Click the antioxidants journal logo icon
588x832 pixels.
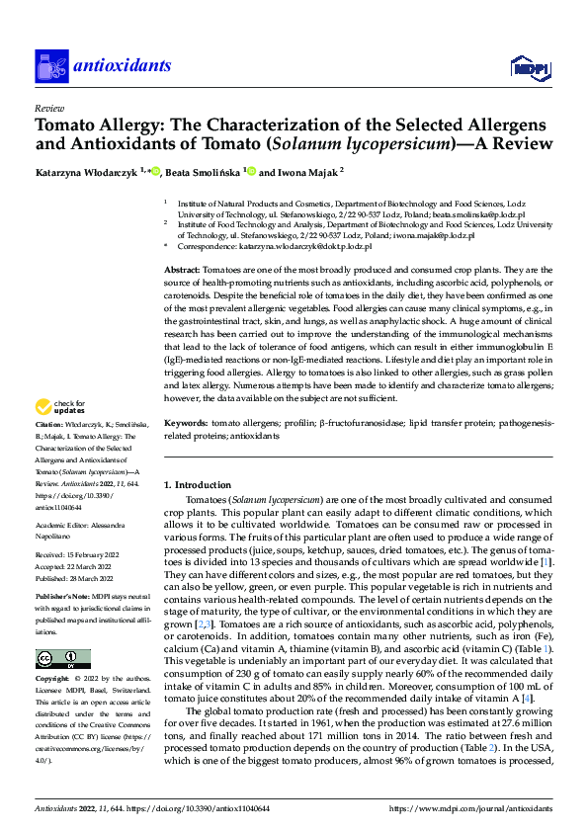tap(49, 65)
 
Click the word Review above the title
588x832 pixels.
tap(49, 110)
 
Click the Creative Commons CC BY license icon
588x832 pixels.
tap(63, 659)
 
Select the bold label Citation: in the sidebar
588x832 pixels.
tap(51, 451)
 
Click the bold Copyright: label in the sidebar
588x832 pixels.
tap(55, 681)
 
